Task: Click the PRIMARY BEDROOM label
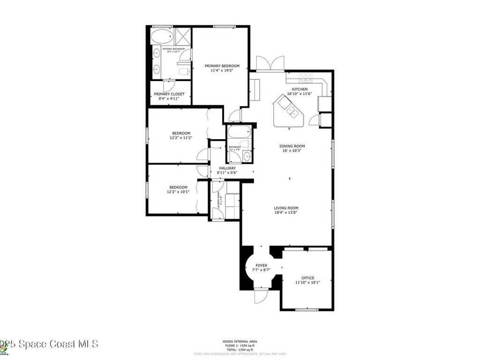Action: (222, 66)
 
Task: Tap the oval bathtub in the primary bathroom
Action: (162, 37)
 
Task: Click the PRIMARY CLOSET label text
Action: (169, 94)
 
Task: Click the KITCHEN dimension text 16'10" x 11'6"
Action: (300, 94)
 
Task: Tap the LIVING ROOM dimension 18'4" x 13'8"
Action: (286, 212)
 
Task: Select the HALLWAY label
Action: (226, 168)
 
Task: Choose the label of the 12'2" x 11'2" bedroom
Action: (181, 133)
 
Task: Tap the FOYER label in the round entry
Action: (261, 266)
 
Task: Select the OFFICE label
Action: (307, 278)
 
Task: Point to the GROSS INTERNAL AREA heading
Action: (240, 341)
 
